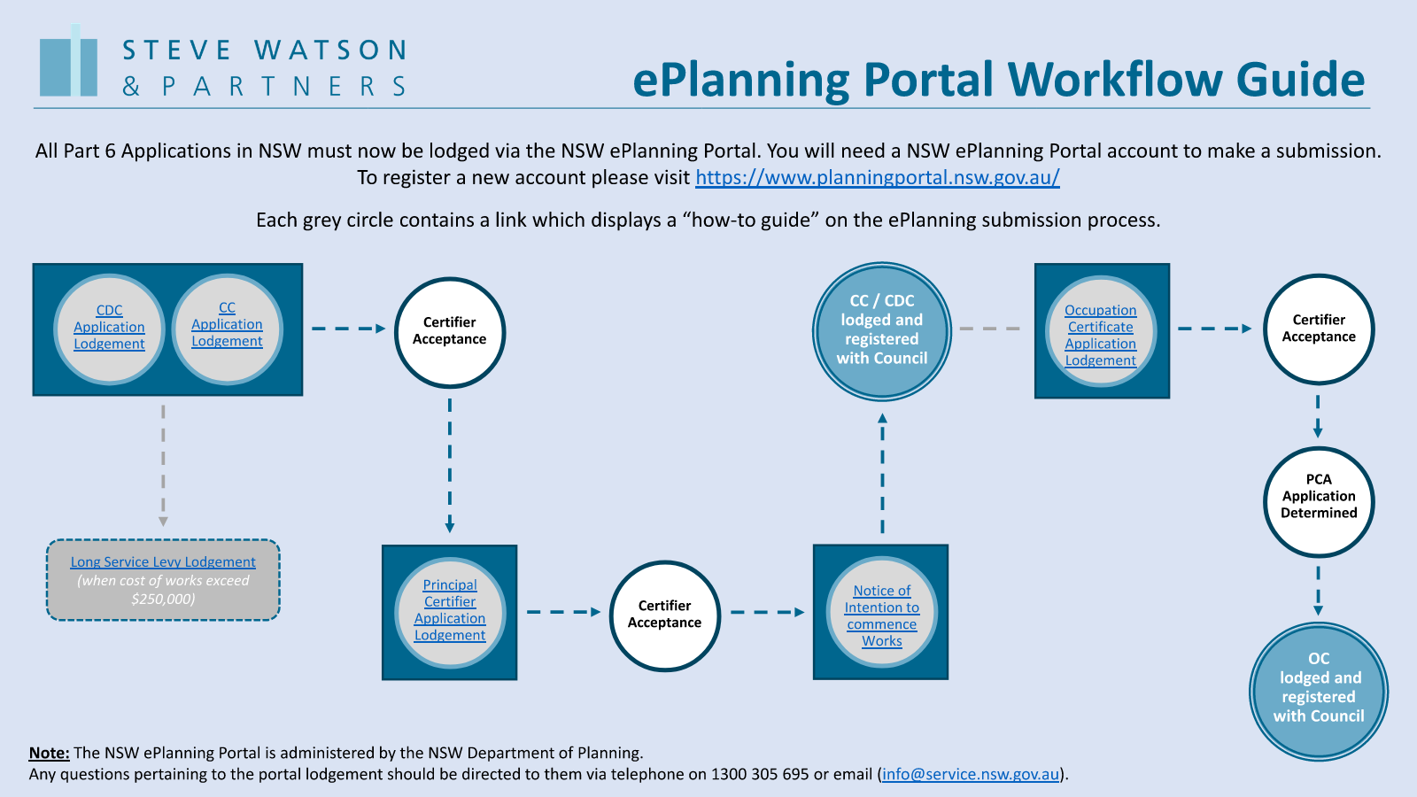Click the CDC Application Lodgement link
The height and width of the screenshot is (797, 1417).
pos(109,328)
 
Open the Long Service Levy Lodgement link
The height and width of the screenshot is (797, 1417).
pos(163,562)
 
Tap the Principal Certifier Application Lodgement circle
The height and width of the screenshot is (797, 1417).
pos(450,611)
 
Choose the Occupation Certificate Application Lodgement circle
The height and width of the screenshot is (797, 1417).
pos(1101,335)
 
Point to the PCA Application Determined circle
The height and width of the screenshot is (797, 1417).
pos(1319,501)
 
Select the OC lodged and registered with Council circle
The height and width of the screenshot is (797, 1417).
pos(1319,691)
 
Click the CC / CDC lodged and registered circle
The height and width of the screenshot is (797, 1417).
pos(882,331)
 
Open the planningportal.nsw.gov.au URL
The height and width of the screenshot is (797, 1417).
pos(877,178)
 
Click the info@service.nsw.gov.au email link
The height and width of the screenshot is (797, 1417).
pos(971,775)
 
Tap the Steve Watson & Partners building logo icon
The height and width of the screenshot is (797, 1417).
pos(69,62)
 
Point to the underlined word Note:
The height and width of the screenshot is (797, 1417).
pos(49,753)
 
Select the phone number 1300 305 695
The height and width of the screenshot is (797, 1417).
pos(760,775)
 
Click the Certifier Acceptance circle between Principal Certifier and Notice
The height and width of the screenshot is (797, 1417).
pos(664,615)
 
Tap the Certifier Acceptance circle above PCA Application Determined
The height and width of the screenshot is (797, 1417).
pos(1319,329)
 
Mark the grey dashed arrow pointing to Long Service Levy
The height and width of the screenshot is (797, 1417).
pos(163,465)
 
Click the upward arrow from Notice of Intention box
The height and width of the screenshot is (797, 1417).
pos(882,474)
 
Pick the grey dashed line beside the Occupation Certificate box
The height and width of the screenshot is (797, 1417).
pos(990,329)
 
